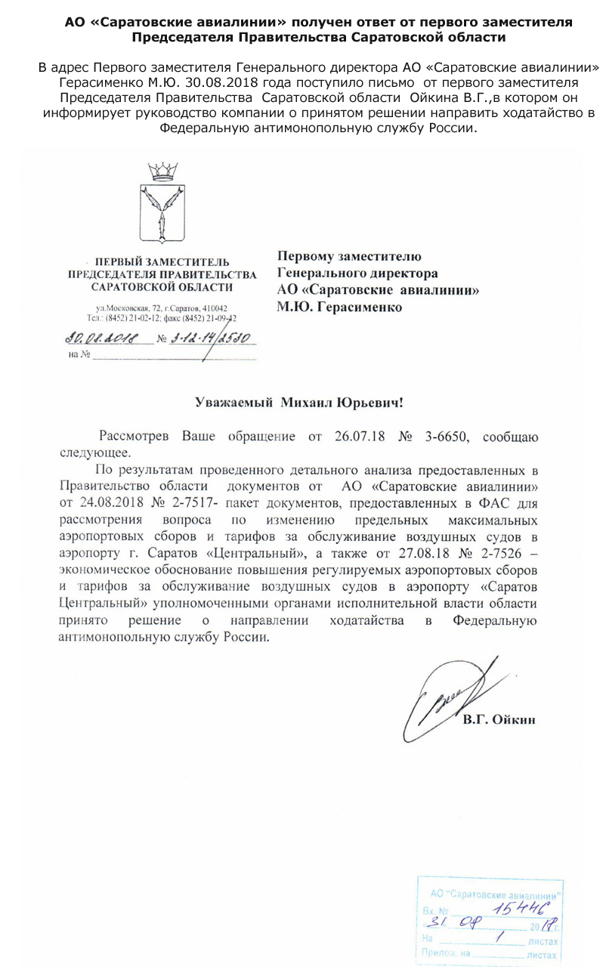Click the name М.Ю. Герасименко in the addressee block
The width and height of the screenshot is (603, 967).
340,307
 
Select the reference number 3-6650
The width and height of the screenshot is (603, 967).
446,436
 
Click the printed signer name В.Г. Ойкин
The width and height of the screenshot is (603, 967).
499,720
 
